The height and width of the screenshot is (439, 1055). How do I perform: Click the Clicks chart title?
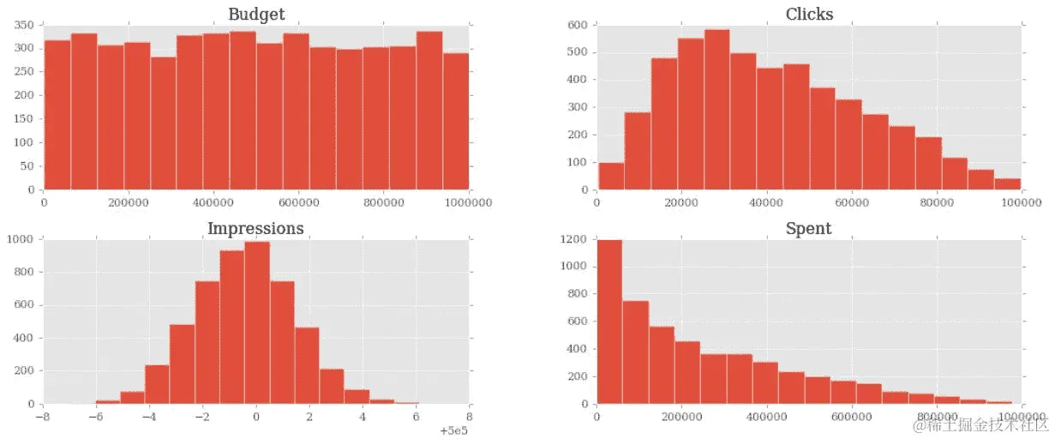pos(809,14)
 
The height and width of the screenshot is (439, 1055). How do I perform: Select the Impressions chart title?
pos(255,228)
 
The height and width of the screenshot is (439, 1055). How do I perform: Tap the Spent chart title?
pos(808,228)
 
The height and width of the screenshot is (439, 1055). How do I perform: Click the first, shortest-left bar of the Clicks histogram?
pos(610,176)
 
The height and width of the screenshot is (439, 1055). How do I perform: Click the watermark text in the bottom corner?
pos(979,424)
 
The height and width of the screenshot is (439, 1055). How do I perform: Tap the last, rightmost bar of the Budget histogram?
pos(456,121)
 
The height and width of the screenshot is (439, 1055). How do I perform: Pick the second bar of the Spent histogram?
pos(635,352)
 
